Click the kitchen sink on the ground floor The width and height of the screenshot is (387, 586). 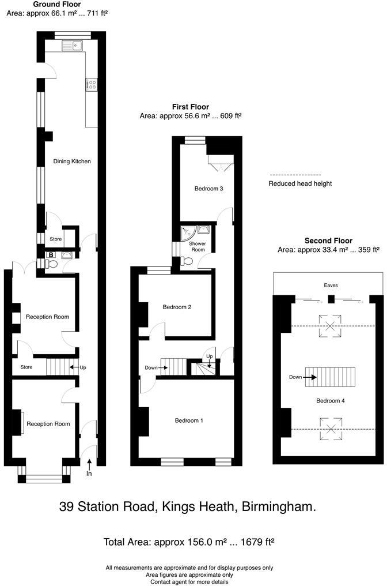[74, 44]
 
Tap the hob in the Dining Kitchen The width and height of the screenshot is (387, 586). [90, 85]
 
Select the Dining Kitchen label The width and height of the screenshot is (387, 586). [72, 161]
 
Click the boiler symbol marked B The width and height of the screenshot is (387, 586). [51, 254]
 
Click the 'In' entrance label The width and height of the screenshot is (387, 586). [89, 474]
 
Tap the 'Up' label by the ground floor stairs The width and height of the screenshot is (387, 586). [82, 367]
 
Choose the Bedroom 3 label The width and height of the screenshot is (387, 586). [208, 189]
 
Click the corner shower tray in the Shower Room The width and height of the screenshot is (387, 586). [188, 232]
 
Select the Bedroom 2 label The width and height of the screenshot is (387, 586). [177, 307]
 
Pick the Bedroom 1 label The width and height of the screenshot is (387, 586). [189, 420]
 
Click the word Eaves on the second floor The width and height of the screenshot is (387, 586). [331, 285]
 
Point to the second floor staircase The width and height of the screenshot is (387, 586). [331, 378]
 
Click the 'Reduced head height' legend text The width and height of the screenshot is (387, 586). [300, 184]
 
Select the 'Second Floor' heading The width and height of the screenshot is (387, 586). [328, 241]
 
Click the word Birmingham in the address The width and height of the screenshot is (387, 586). [282, 507]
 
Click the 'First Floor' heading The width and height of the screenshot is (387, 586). [190, 107]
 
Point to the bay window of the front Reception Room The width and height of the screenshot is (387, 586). [43, 477]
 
